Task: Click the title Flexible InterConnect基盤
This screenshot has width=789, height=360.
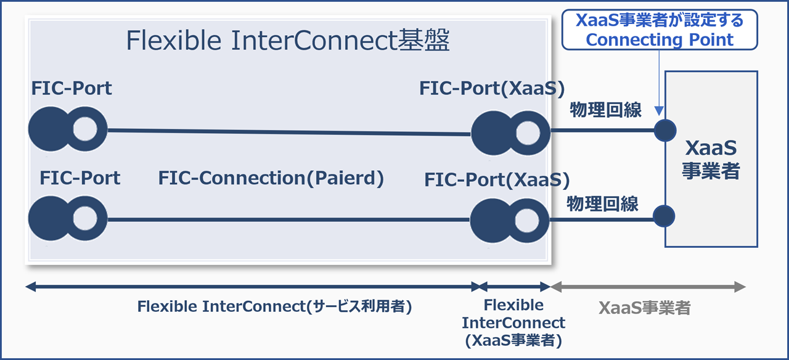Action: [x=288, y=41]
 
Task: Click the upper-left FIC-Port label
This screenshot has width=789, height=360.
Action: [x=72, y=88]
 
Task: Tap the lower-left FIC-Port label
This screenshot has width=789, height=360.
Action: [x=80, y=178]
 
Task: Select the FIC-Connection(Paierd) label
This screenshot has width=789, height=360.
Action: [x=271, y=178]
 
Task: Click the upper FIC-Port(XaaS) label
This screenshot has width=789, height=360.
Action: [x=492, y=88]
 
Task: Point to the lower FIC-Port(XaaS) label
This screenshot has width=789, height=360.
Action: [x=497, y=180]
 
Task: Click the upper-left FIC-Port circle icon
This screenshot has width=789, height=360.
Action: [x=68, y=129]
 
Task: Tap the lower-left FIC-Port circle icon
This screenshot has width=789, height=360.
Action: [x=68, y=218]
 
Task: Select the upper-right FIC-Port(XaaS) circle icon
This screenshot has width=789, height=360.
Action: [x=510, y=132]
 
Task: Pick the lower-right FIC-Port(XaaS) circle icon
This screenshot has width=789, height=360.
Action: [x=510, y=219]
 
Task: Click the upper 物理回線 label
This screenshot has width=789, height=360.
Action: [x=606, y=110]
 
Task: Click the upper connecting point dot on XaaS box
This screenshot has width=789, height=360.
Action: [x=665, y=131]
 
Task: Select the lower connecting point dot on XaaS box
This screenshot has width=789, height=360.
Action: [x=664, y=216]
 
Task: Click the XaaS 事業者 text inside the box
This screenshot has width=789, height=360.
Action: [x=711, y=160]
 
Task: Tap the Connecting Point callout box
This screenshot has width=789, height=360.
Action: [x=659, y=30]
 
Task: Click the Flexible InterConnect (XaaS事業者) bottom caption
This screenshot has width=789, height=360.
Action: [x=513, y=322]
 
